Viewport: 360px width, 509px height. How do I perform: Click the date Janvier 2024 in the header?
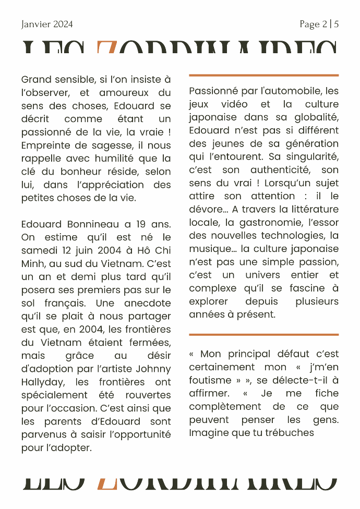[47, 25]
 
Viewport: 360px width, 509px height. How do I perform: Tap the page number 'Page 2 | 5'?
[319, 25]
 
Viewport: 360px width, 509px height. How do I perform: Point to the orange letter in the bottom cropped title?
[107, 483]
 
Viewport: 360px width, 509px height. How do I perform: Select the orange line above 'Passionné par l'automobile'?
[263, 75]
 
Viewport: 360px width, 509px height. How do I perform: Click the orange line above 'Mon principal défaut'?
[263, 334]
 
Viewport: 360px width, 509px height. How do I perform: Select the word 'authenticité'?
[280, 170]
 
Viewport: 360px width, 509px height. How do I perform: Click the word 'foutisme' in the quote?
[209, 380]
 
